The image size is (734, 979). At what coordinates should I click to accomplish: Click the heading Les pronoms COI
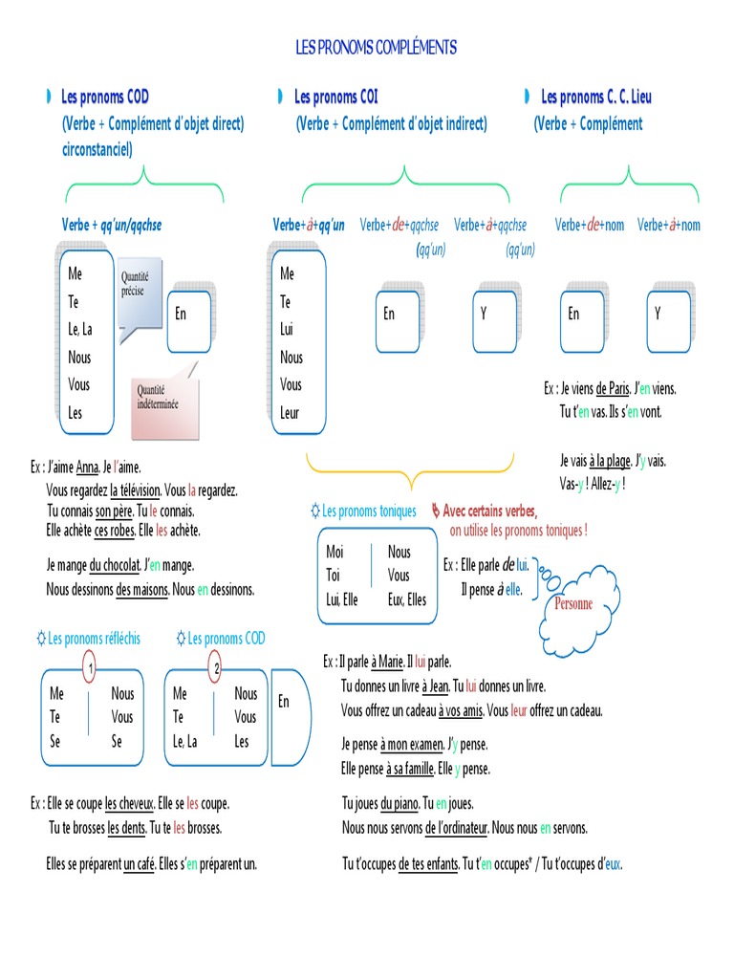[336, 97]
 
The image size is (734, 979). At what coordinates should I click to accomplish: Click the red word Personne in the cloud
[573, 604]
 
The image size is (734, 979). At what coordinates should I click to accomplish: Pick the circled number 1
[89, 668]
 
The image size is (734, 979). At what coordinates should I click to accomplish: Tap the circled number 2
[217, 668]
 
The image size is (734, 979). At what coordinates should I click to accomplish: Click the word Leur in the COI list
[290, 413]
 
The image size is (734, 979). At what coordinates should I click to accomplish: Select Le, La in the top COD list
[80, 330]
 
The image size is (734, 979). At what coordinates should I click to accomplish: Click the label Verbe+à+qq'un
[309, 226]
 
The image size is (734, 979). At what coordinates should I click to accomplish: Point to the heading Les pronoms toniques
[369, 511]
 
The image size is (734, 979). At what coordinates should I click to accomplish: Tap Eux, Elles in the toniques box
[407, 600]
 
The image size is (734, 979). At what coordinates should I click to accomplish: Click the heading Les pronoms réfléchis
[94, 639]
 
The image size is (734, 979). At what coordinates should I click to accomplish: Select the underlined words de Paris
[613, 389]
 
